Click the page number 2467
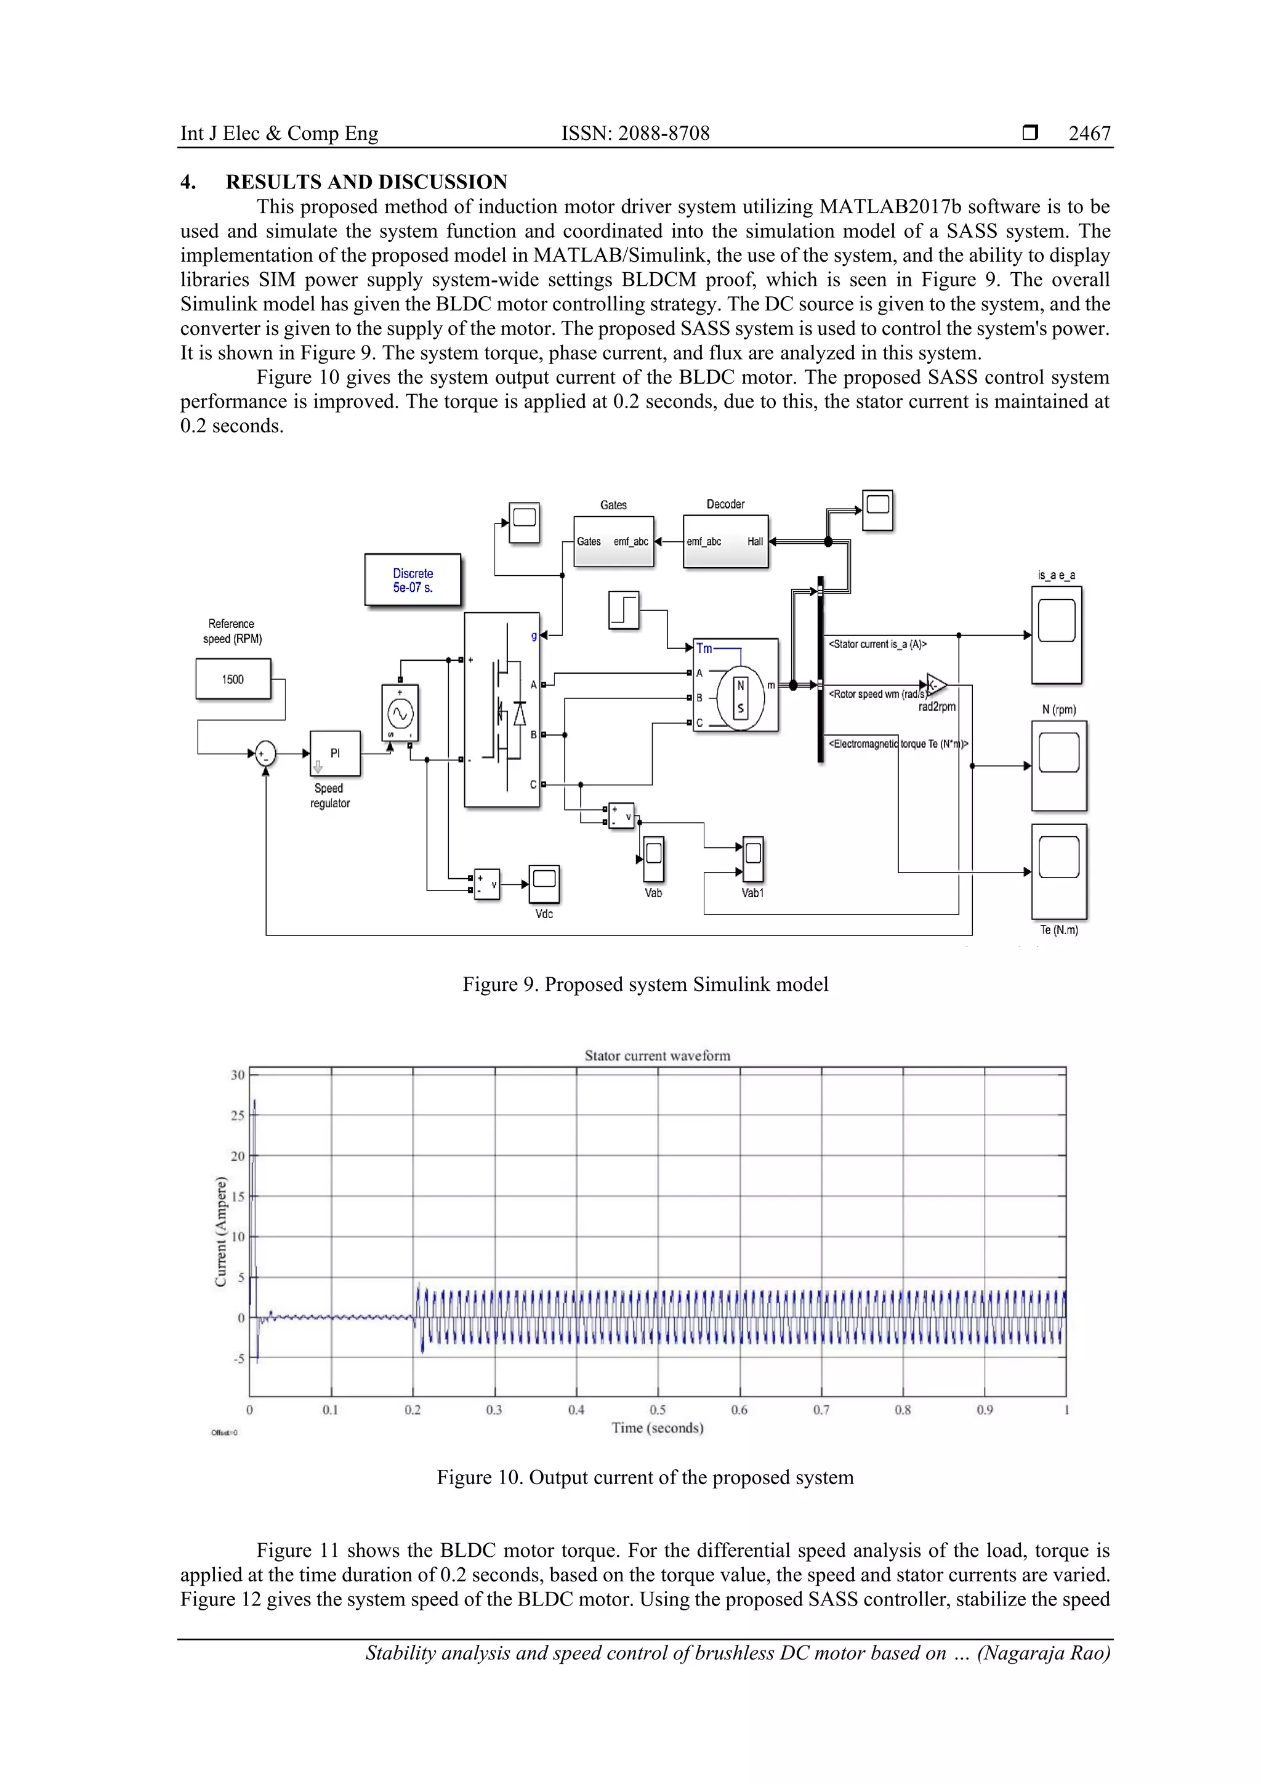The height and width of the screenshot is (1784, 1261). point(1089,134)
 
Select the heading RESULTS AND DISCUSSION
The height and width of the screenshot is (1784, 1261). point(366,182)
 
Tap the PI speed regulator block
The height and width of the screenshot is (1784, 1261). point(335,753)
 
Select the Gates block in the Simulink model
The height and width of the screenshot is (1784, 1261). point(613,541)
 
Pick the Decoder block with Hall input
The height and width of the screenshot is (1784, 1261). point(725,541)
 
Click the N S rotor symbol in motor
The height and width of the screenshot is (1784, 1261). point(741,697)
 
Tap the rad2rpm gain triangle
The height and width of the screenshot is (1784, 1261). point(937,685)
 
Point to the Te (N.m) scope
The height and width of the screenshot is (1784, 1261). point(1058,871)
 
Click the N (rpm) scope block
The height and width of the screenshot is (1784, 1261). point(1058,765)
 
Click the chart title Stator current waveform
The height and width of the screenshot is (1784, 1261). point(658,1055)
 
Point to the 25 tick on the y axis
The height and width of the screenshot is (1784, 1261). point(238,1115)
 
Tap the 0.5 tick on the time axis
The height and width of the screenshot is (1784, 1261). point(658,1410)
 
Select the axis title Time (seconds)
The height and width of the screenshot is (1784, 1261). point(658,1428)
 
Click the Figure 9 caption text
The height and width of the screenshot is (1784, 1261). point(645,985)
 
